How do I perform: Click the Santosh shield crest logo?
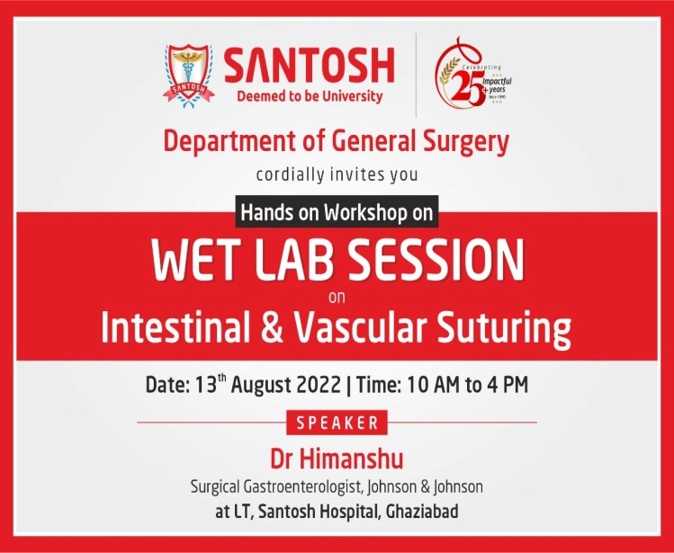tap(189, 76)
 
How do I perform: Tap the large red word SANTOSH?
tap(309, 66)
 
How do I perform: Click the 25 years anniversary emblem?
tap(472, 72)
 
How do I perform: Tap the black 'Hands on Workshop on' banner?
tap(337, 212)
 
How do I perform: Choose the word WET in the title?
tap(196, 261)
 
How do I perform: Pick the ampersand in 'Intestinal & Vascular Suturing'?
tap(272, 329)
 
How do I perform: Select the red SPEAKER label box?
tap(337, 423)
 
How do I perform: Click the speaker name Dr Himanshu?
tap(337, 459)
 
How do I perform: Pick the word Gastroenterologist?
tap(305, 487)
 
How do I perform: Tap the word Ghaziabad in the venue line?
tap(422, 512)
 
